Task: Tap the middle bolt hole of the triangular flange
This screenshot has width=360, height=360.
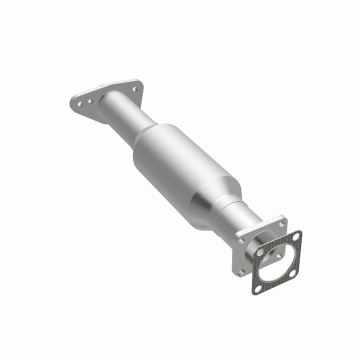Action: click(x=90, y=101)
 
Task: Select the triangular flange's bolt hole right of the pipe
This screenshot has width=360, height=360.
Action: click(x=134, y=89)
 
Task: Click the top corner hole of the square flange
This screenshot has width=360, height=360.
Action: click(x=281, y=224)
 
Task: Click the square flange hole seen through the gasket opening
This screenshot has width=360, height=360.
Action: click(x=279, y=256)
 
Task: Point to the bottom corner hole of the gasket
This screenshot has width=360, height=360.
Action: click(x=257, y=288)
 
